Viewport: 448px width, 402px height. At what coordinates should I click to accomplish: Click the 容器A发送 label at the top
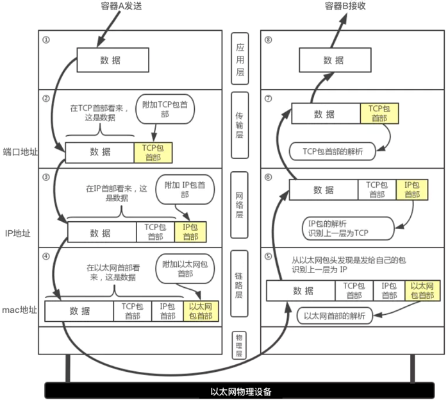tap(121, 6)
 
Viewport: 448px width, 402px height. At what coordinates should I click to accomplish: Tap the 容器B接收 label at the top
tap(345, 6)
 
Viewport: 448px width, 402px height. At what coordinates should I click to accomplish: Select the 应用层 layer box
tap(240, 58)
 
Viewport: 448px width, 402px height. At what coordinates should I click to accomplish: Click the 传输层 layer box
tap(240, 125)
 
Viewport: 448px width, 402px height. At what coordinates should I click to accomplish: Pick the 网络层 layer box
tap(240, 205)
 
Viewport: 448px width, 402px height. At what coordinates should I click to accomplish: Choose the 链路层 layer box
tap(240, 283)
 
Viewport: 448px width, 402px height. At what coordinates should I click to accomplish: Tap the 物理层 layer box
tap(240, 346)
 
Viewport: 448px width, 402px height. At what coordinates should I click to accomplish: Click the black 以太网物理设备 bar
tap(240, 390)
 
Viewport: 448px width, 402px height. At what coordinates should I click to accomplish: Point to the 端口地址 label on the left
tap(20, 151)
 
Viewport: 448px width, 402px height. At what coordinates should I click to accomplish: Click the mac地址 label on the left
tap(19, 310)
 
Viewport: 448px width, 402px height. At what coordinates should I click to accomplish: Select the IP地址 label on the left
tap(18, 233)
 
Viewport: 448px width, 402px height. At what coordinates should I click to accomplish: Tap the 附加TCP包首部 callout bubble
tap(165, 109)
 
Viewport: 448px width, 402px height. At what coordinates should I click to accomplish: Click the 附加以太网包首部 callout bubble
tap(185, 269)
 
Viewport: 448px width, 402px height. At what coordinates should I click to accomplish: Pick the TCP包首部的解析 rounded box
tap(333, 151)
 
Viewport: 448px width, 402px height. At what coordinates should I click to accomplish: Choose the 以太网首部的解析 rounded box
tap(335, 315)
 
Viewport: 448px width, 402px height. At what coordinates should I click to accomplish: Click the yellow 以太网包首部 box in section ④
tap(201, 311)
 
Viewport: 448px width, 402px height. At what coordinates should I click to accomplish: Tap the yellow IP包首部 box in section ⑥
tap(412, 190)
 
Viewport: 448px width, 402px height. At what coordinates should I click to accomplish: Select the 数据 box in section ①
tap(113, 60)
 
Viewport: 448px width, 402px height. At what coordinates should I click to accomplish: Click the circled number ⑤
tap(268, 256)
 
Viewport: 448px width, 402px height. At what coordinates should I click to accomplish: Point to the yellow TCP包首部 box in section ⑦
tap(379, 113)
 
